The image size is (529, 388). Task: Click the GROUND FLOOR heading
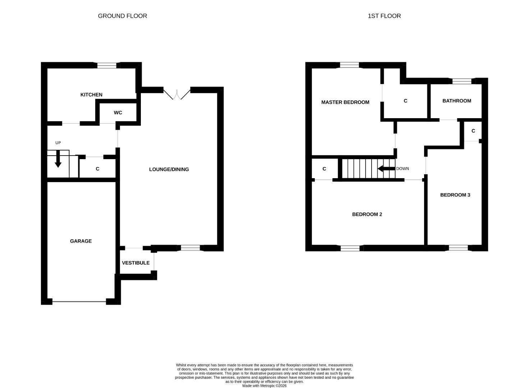(x=122, y=16)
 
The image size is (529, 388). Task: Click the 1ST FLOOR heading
(x=384, y=16)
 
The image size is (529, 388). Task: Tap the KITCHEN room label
(x=91, y=94)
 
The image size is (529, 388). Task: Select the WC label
(x=118, y=112)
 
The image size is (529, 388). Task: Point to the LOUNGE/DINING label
(x=169, y=169)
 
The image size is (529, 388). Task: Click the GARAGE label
(x=81, y=241)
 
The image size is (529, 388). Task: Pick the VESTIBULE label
(x=135, y=263)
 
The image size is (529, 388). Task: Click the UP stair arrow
(x=58, y=159)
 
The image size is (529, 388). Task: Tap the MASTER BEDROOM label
(x=345, y=102)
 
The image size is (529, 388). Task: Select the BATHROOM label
(x=456, y=101)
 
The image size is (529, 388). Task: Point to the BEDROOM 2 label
(x=367, y=214)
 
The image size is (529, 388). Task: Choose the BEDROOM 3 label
(x=455, y=195)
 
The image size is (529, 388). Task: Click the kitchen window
(x=107, y=65)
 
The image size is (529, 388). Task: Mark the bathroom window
(x=462, y=81)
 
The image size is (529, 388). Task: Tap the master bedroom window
(x=350, y=65)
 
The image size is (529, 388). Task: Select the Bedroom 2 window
(x=350, y=248)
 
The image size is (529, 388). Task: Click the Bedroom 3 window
(x=459, y=248)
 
